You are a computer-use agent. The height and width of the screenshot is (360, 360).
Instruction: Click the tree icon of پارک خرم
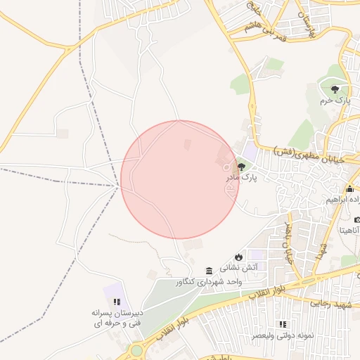(x=335, y=89)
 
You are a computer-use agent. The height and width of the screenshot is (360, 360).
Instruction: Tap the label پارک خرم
(x=335, y=101)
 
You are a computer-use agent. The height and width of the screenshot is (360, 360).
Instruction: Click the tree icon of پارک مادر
(x=242, y=167)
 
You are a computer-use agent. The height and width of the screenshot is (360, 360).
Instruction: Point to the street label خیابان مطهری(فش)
(x=309, y=156)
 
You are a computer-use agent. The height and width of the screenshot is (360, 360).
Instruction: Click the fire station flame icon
(x=238, y=256)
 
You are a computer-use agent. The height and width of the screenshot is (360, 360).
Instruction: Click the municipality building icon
(x=209, y=271)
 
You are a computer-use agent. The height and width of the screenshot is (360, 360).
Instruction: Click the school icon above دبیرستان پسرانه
(x=117, y=302)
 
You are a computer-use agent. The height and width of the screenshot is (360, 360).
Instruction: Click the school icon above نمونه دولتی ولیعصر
(x=282, y=324)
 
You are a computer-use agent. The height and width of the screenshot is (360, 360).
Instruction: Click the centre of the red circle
(x=180, y=180)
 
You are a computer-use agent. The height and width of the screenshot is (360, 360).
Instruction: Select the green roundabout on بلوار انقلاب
(x=135, y=351)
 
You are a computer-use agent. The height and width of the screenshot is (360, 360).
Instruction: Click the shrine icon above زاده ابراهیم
(x=349, y=188)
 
